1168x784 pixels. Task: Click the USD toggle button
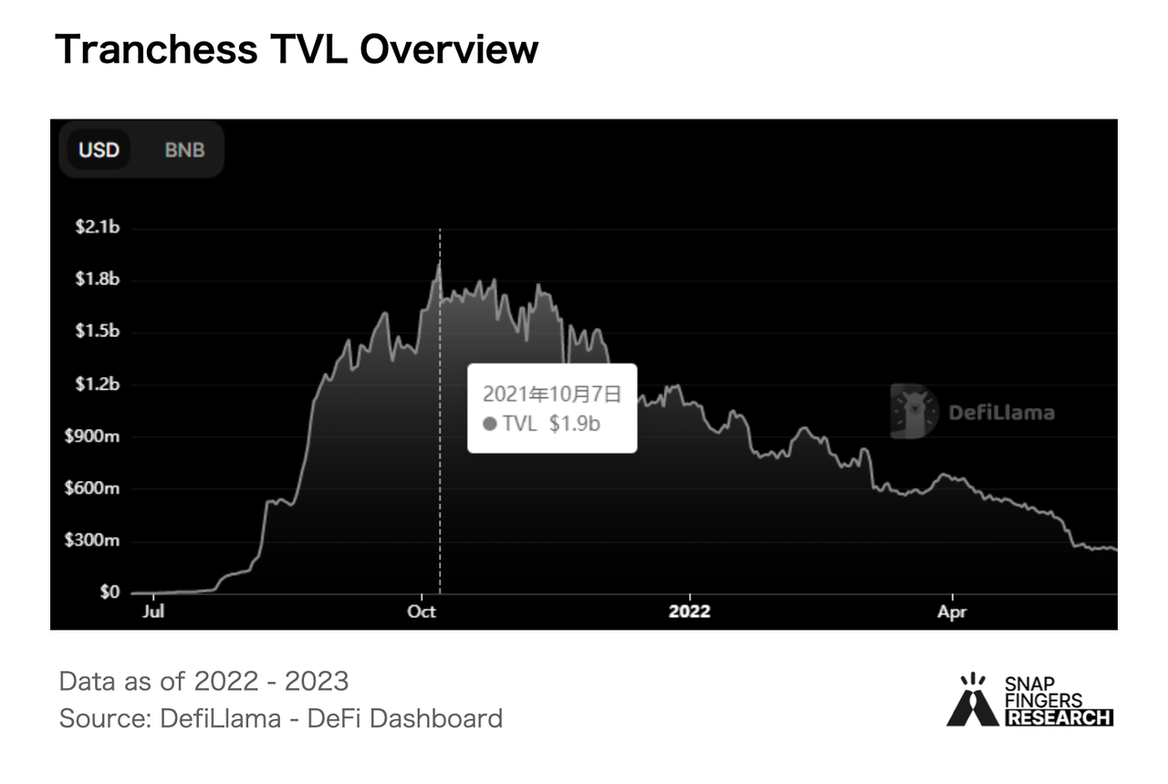pos(99,150)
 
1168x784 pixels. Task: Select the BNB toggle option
pos(184,150)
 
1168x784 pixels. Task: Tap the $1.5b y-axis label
pos(97,331)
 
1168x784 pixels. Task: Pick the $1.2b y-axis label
pos(97,383)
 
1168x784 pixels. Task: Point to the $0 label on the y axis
pos(108,593)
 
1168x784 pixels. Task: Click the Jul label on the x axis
pos(153,612)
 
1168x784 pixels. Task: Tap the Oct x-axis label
pos(422,612)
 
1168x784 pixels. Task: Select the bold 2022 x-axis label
pos(690,612)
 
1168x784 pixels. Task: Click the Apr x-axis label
pos(952,612)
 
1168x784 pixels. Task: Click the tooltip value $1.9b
pos(574,423)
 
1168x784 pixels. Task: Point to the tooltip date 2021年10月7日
pos(551,394)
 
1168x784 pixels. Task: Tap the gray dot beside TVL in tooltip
pos(490,423)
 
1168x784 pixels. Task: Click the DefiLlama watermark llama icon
pos(914,412)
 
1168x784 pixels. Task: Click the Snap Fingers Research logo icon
pos(973,701)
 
